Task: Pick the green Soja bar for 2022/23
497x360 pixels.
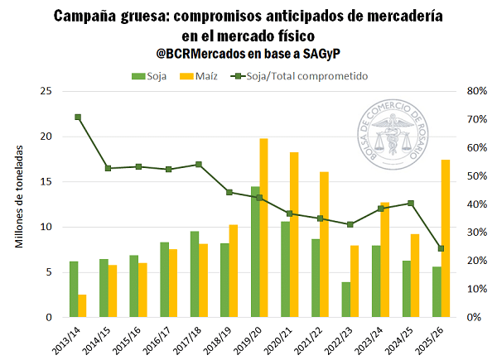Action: pos(346,300)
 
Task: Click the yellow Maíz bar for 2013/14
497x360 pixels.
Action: pos(82,305)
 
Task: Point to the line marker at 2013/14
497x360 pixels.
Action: pos(78,117)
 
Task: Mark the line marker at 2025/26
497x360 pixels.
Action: pos(441,248)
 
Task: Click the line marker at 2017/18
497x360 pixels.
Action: pos(199,165)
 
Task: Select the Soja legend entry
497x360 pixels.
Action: pos(149,76)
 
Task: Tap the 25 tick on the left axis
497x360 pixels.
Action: pos(46,91)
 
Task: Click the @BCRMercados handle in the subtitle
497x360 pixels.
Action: pos(198,55)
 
